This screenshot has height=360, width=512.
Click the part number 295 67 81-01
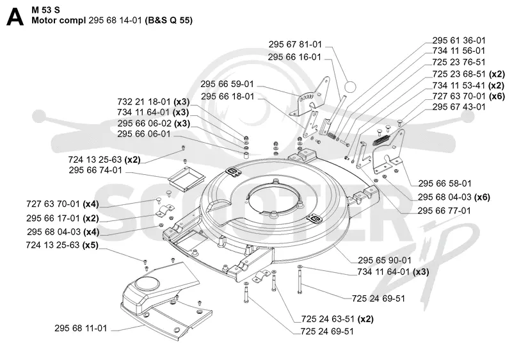295,44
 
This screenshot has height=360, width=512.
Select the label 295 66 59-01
227,84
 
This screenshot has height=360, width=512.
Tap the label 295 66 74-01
95,170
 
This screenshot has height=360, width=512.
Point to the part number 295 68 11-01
81,328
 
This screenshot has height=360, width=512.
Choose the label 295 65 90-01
385,260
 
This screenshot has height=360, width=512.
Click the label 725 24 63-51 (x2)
337,319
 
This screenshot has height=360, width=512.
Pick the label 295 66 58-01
445,183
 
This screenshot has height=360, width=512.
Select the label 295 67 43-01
459,107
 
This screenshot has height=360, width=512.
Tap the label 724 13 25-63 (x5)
62,245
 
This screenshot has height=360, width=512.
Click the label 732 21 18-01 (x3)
154,102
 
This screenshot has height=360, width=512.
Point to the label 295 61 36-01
459,40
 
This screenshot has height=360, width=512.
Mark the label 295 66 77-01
444,211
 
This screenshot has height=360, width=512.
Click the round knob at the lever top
350,87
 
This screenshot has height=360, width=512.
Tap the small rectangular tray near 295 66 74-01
186,179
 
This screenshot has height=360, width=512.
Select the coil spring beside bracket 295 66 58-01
381,140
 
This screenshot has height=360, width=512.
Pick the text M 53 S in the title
45,10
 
